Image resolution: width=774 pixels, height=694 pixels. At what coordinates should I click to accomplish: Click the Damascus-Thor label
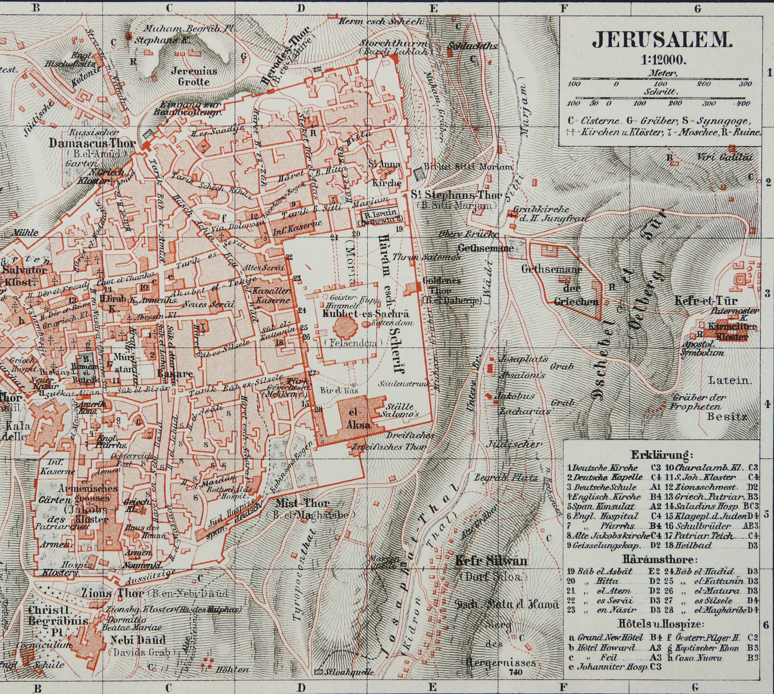coord(93,143)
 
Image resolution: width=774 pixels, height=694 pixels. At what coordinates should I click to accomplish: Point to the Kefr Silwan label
coord(492,561)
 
